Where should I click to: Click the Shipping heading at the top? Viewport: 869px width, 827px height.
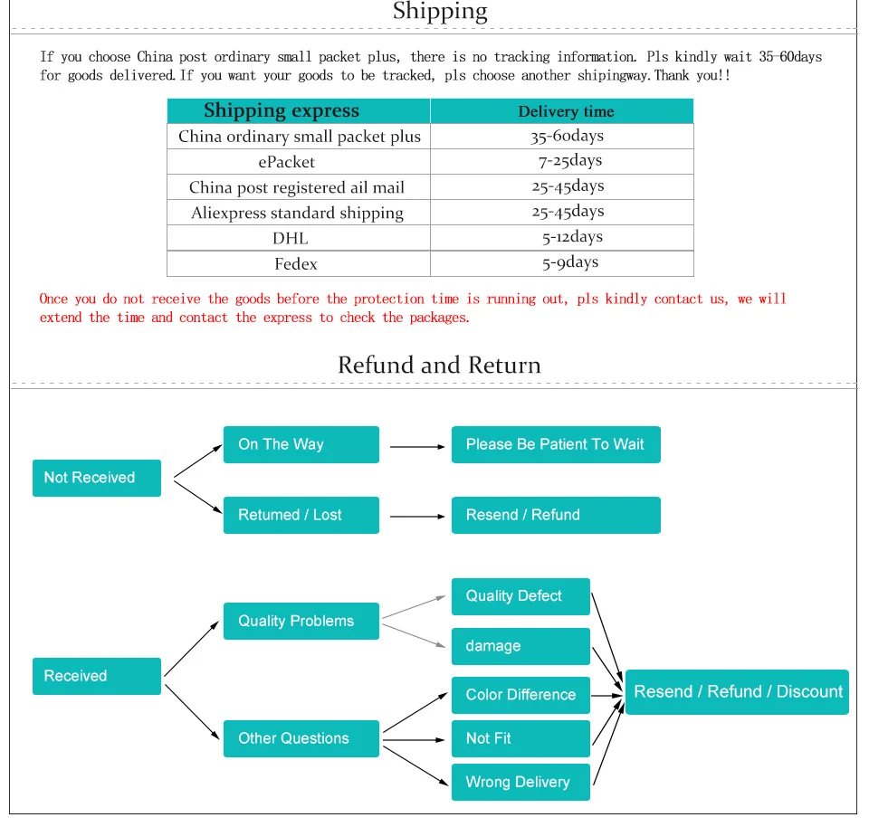point(440,12)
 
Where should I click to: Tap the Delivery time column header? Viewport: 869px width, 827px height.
point(566,112)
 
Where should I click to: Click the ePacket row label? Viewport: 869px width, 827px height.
point(287,162)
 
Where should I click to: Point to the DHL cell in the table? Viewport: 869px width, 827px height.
point(291,238)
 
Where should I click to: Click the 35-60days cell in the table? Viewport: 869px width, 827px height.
point(567,137)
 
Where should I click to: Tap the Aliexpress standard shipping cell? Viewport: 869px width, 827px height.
point(297,213)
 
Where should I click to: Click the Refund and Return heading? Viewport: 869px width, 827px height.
point(439,365)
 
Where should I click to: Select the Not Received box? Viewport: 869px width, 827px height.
point(97,478)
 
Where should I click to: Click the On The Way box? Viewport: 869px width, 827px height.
point(301,444)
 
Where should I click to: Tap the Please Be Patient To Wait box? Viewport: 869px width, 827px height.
point(556,444)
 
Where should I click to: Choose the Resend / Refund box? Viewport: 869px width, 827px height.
point(556,515)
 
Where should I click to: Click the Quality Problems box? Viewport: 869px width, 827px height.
point(301,621)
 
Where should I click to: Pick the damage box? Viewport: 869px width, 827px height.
point(520,646)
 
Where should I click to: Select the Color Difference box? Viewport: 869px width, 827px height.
point(520,695)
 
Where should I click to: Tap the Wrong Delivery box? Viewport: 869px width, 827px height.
point(520,782)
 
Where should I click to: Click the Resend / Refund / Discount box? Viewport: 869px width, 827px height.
point(737,692)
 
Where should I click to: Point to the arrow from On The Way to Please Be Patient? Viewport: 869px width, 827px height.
point(417,446)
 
